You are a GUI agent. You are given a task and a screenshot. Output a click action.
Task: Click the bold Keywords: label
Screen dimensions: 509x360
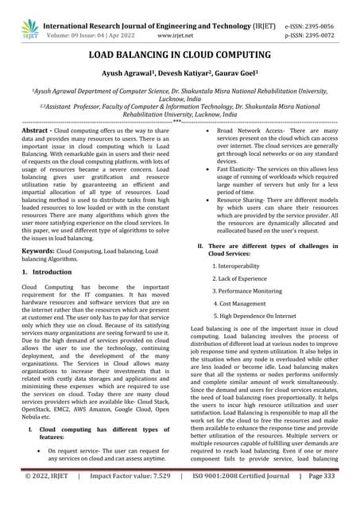[x=38, y=250]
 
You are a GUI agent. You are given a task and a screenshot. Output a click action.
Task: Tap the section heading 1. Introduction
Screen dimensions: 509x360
[x=46, y=272]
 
